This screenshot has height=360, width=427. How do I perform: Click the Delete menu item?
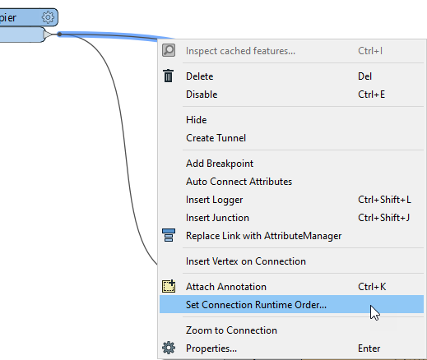(x=199, y=76)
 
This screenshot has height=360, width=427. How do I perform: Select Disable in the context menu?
(x=202, y=95)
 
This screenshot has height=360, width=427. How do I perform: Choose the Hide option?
(x=197, y=120)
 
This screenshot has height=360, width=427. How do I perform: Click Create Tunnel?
(x=216, y=138)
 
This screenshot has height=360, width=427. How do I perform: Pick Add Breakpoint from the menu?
(x=220, y=164)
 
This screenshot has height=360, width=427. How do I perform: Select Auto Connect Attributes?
(x=239, y=182)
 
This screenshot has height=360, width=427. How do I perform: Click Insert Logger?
(x=214, y=200)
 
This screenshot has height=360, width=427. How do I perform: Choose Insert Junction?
(x=217, y=218)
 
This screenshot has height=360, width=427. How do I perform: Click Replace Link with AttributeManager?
(x=263, y=236)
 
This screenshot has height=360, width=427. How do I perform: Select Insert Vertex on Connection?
(x=246, y=261)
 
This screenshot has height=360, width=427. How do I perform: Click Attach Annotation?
(x=226, y=287)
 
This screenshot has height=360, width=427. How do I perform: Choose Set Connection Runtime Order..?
(x=256, y=304)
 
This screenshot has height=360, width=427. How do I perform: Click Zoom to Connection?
(x=231, y=330)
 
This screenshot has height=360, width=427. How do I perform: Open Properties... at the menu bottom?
(x=211, y=348)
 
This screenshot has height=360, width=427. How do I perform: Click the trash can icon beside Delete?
(x=169, y=76)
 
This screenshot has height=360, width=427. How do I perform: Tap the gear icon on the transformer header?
(x=48, y=17)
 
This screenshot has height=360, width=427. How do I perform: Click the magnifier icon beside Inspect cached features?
(x=169, y=50)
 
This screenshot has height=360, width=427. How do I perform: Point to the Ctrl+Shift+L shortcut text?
(x=384, y=200)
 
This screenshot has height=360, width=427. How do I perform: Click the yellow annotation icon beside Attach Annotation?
(x=169, y=286)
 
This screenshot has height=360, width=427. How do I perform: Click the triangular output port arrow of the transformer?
(x=47, y=35)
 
